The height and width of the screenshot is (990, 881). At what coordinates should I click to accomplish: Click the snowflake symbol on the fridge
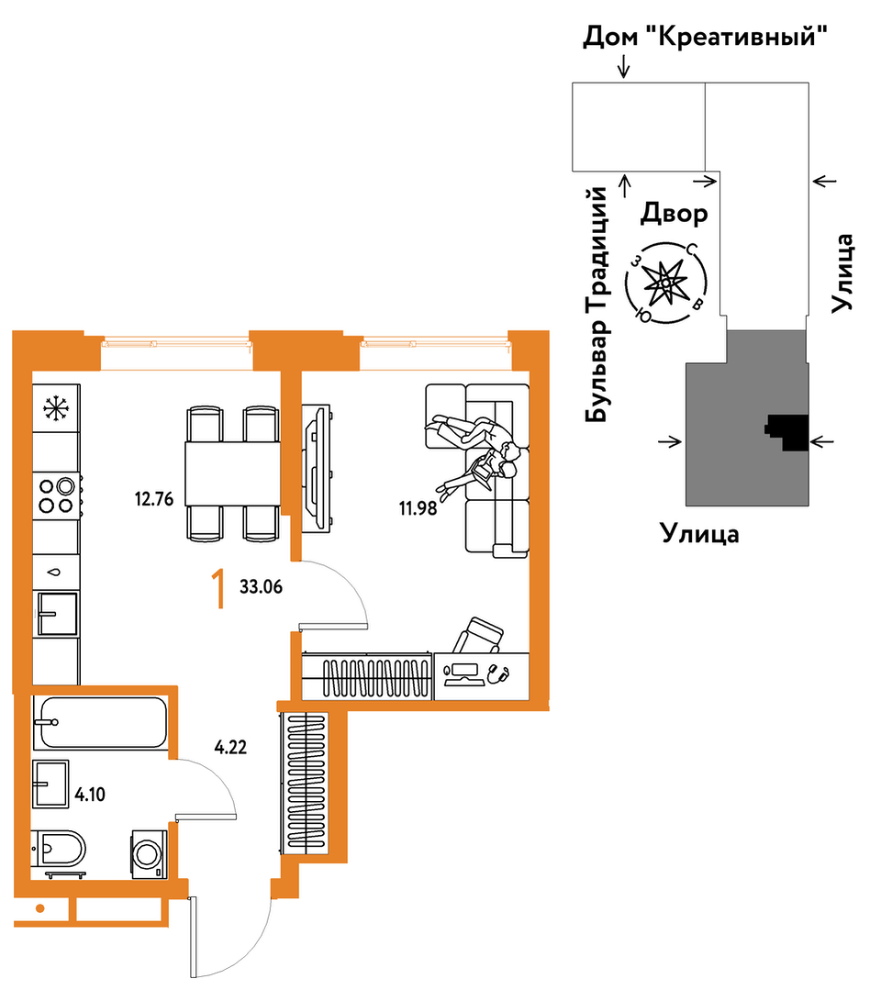pyautogui.click(x=56, y=408)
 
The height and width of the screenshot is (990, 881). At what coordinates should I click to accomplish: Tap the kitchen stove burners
pyautogui.click(x=57, y=495)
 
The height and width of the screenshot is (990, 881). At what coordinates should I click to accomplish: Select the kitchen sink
pyautogui.click(x=58, y=613)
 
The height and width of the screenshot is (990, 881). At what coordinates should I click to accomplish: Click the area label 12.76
pyautogui.click(x=153, y=499)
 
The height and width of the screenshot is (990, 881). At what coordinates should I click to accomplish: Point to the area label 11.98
pyautogui.click(x=418, y=507)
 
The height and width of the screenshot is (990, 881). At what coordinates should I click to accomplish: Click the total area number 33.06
pyautogui.click(x=261, y=586)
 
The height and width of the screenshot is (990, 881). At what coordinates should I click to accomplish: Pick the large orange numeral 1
pyautogui.click(x=218, y=588)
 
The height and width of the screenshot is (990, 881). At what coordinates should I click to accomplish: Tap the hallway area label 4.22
pyautogui.click(x=230, y=748)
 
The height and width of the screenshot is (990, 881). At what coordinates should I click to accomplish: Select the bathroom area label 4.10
pyautogui.click(x=90, y=795)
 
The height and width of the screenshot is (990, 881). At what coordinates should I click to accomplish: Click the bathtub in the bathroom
pyautogui.click(x=100, y=722)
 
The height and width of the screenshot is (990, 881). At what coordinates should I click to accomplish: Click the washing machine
pyautogui.click(x=149, y=854)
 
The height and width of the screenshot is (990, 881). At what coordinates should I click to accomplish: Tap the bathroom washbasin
pyautogui.click(x=50, y=784)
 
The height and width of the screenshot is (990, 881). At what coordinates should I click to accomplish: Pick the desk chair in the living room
pyautogui.click(x=478, y=636)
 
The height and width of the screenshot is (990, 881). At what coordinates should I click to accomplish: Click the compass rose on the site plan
pyautogui.click(x=665, y=283)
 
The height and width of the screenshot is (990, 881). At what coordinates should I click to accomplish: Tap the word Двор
pyautogui.click(x=674, y=214)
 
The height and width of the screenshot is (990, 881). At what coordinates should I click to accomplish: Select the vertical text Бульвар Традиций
pyautogui.click(x=597, y=305)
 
